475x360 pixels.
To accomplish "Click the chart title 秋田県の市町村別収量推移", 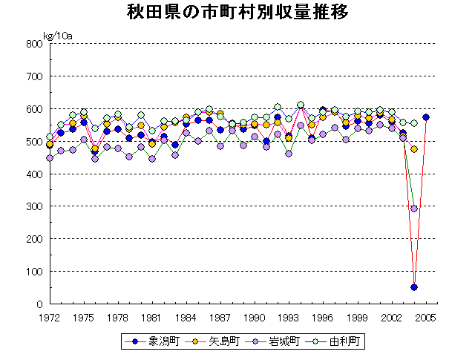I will point(237,13).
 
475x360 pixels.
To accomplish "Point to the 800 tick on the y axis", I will point(34,43).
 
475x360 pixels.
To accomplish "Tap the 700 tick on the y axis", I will point(34,76).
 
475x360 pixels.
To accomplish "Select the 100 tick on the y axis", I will point(34,272).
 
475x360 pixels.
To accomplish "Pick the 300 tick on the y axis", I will point(34,206).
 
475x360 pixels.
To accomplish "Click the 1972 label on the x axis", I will point(49,317).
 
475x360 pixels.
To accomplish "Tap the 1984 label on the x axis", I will point(186,317).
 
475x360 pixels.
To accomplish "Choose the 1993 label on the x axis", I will point(289,317).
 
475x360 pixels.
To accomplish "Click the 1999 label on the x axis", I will point(358,317).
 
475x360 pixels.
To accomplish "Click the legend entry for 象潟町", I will point(152,342).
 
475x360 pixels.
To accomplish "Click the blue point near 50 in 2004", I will point(414,287).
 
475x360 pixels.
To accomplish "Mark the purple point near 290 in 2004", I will point(414,209).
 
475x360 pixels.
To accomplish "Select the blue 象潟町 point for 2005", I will point(426,117).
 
